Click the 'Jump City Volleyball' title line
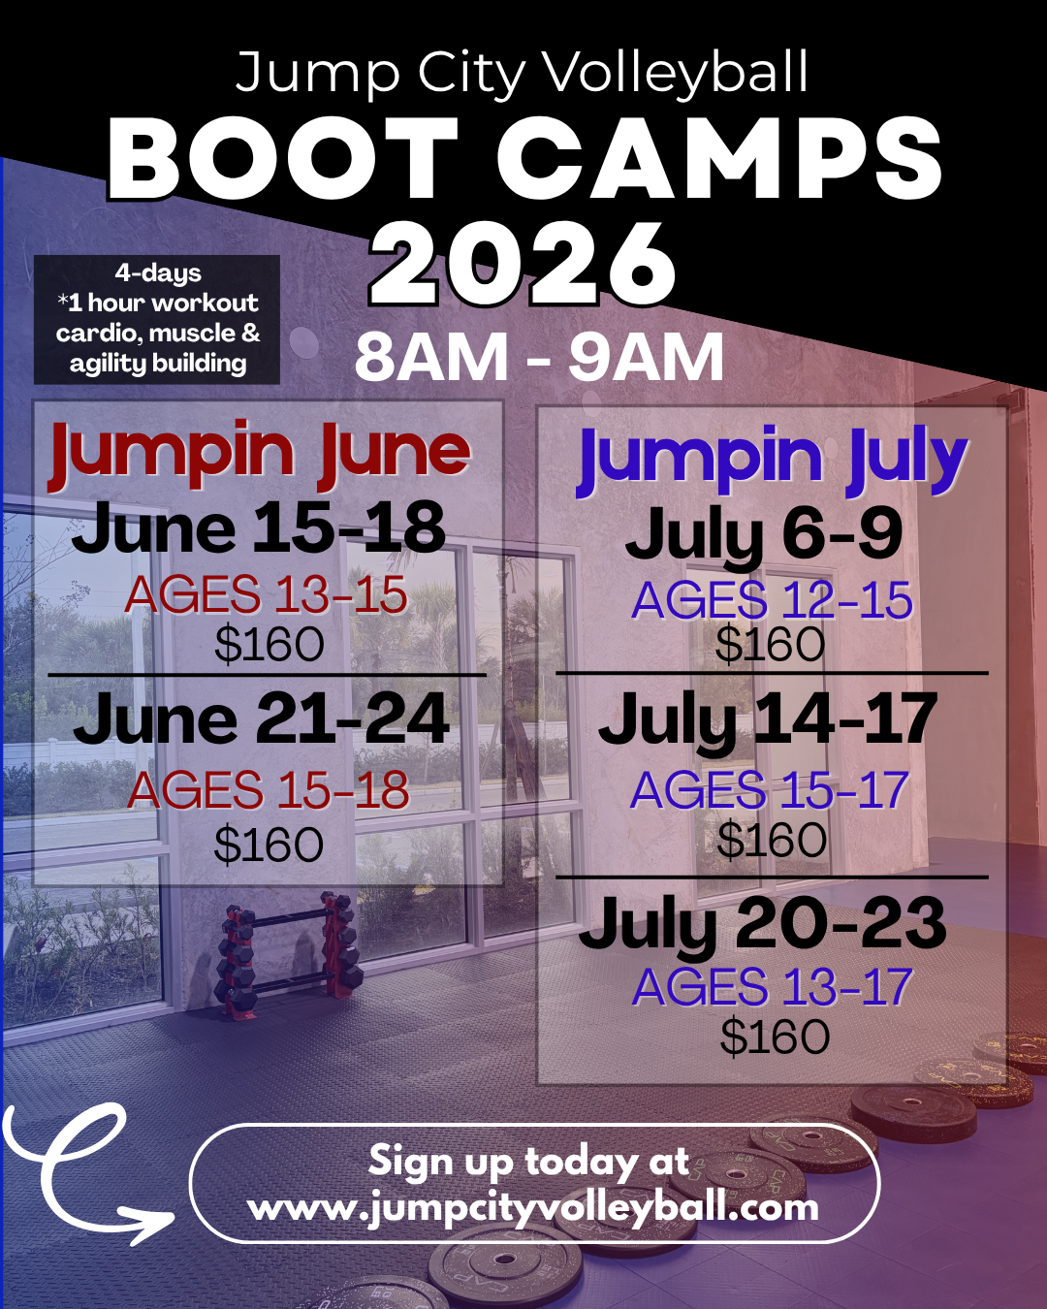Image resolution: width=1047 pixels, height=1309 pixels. pyautogui.click(x=522, y=74)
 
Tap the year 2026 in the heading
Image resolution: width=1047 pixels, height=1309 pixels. pyautogui.click(x=523, y=264)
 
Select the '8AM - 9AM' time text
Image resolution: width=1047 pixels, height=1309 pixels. pyautogui.click(x=539, y=358)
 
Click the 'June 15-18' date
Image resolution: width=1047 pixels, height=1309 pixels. pyautogui.click(x=259, y=529)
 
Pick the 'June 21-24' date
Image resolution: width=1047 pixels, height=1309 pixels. pyautogui.click(x=262, y=720)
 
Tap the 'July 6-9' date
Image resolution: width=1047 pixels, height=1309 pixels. pyautogui.click(x=764, y=535)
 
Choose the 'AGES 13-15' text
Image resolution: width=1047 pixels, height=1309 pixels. pyautogui.click(x=266, y=595)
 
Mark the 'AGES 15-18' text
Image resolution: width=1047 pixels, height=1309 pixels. pyautogui.click(x=269, y=790)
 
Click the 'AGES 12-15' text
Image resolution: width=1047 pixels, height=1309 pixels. pyautogui.click(x=772, y=601)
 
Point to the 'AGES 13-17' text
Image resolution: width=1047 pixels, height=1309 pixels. pyautogui.click(x=772, y=988)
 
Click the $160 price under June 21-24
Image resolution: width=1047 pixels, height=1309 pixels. pyautogui.click(x=269, y=845)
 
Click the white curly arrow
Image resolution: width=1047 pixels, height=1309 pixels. pyautogui.click(x=82, y=1173)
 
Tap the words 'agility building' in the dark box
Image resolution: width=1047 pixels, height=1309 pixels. pyautogui.click(x=158, y=364)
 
